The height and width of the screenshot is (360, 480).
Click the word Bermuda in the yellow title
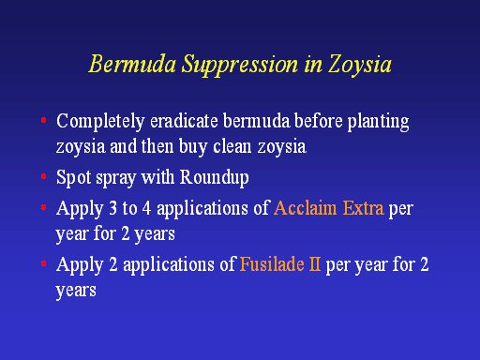point(132,64)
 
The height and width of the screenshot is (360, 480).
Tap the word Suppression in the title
point(240,66)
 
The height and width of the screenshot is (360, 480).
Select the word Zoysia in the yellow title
point(360,66)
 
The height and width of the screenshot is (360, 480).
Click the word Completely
point(100,122)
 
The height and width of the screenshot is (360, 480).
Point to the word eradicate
point(184,121)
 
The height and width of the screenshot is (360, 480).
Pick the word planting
point(378,122)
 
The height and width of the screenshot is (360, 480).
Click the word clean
point(232,146)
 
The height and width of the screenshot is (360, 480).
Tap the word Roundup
point(215,178)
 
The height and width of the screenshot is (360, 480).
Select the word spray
point(116,179)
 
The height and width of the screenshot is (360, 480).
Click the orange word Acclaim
point(306,208)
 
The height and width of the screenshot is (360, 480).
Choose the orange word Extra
point(363,208)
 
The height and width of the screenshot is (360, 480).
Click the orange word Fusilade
point(272,264)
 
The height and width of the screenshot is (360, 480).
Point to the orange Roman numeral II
point(315,264)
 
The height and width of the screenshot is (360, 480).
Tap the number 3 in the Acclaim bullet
point(113,209)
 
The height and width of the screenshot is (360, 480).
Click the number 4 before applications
point(146,209)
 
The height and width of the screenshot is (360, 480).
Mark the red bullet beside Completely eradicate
point(44,120)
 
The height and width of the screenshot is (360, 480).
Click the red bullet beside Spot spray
point(44,176)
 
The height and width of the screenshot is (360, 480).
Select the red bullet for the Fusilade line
point(44,263)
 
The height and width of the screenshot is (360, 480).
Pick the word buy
point(193,147)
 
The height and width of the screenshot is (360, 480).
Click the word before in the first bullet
point(319,121)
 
